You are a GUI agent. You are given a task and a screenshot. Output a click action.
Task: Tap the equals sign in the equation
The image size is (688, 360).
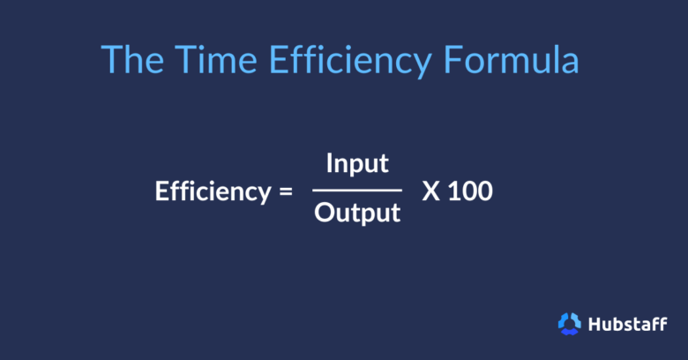pyautogui.click(x=283, y=191)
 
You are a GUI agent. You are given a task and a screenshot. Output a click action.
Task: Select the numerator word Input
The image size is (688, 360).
pyautogui.click(x=357, y=164)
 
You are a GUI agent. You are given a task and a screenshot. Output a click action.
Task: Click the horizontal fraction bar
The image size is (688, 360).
pyautogui.click(x=356, y=189)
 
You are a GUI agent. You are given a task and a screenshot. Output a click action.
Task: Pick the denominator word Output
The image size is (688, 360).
pyautogui.click(x=357, y=214)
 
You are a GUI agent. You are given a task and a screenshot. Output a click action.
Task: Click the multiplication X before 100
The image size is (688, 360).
pyautogui.click(x=431, y=191)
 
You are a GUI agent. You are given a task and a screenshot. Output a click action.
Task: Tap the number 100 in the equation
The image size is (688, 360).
pyautogui.click(x=470, y=191)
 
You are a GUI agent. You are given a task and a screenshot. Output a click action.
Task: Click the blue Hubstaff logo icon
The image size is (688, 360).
pyautogui.click(x=570, y=324)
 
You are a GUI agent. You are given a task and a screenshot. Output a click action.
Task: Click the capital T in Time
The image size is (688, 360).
pyautogui.click(x=183, y=59)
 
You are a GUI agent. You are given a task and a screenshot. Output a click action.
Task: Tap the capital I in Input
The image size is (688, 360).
pyautogui.click(x=329, y=164)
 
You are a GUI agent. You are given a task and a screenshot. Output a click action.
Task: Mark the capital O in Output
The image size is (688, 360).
pyautogui.click(x=324, y=214)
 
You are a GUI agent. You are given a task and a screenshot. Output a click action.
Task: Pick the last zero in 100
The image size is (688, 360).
pyautogui.click(x=484, y=191)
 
